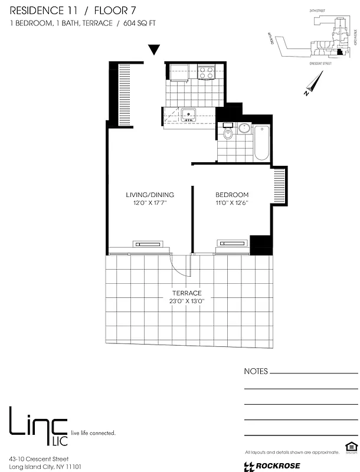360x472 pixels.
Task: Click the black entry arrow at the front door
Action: [x=154, y=50]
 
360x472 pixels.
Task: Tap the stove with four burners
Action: [x=206, y=73]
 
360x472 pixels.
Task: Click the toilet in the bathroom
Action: [x=229, y=134]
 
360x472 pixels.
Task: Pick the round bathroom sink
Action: [x=244, y=128]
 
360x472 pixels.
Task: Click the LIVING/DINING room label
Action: [x=149, y=195]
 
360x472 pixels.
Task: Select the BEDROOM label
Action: [x=232, y=195]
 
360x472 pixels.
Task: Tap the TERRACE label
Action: [x=187, y=293]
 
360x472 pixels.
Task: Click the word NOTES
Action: [x=256, y=372]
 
